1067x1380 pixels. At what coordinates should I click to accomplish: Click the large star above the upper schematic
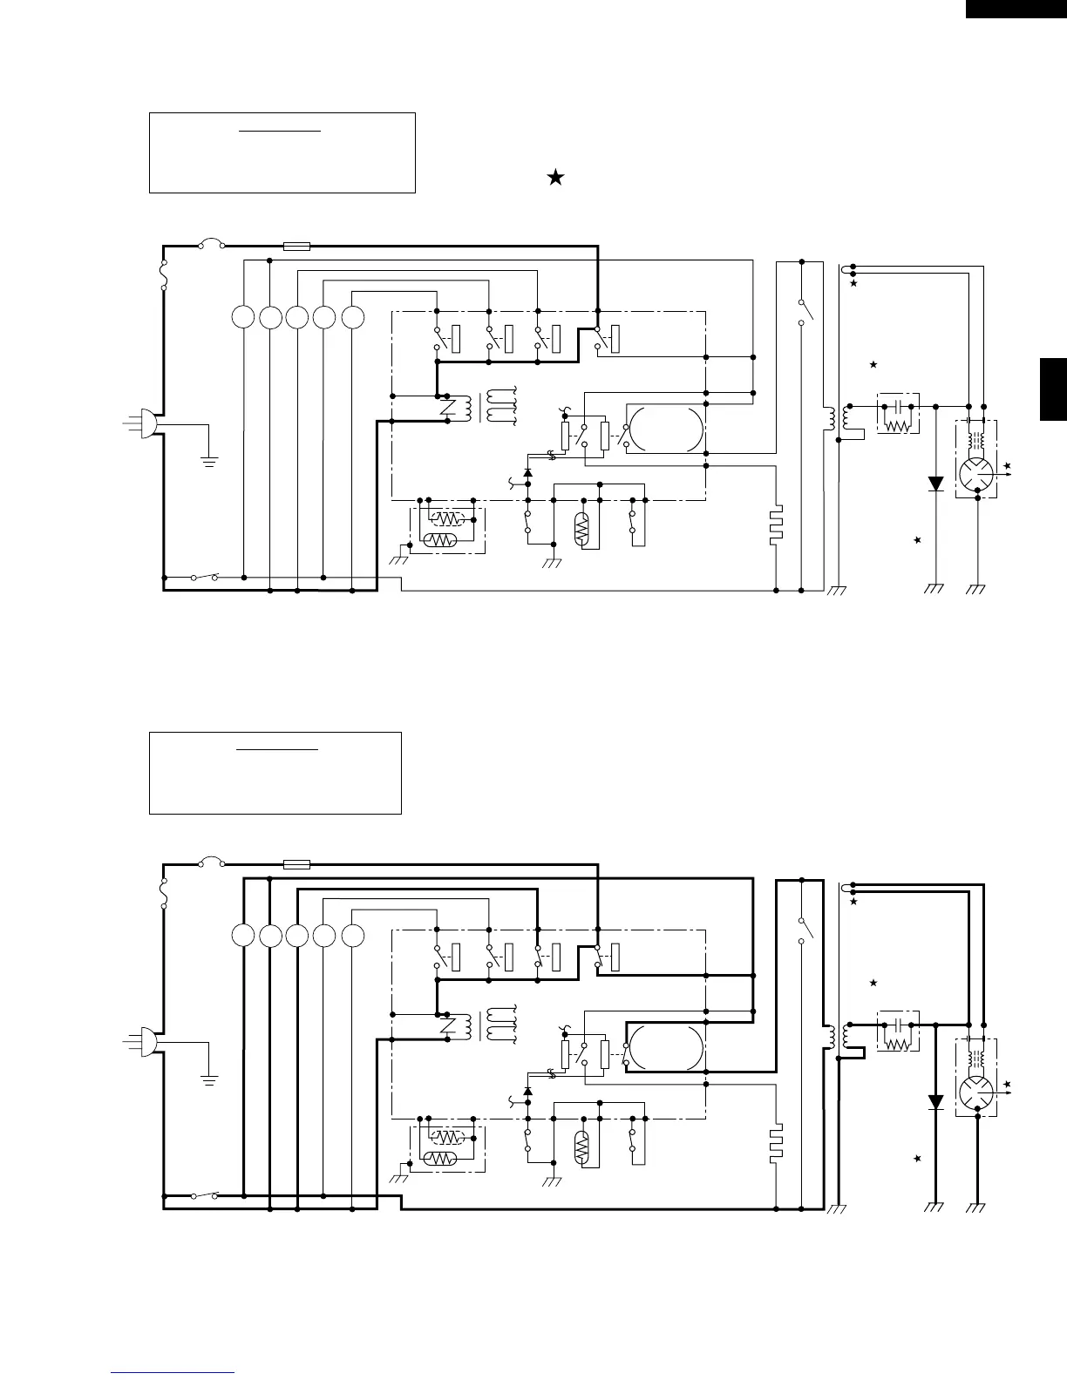pyautogui.click(x=555, y=178)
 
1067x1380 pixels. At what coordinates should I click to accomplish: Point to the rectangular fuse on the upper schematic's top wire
pyautogui.click(x=297, y=247)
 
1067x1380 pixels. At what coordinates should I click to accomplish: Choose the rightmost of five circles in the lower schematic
pyautogui.click(x=352, y=936)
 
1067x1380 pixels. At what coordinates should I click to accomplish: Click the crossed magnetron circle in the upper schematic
pyautogui.click(x=976, y=474)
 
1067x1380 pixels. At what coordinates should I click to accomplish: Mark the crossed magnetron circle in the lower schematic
pyautogui.click(x=976, y=1092)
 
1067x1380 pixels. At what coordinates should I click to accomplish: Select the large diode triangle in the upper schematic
pyautogui.click(x=935, y=484)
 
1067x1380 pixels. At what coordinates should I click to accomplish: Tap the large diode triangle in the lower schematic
pyautogui.click(x=935, y=1102)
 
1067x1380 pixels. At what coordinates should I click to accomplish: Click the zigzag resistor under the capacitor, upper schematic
pyautogui.click(x=896, y=425)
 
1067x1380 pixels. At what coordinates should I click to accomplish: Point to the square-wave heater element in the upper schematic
pyautogui.click(x=776, y=525)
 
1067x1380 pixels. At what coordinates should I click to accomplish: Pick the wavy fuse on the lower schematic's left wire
pyautogui.click(x=164, y=893)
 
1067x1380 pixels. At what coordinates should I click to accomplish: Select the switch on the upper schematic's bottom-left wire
pyautogui.click(x=204, y=577)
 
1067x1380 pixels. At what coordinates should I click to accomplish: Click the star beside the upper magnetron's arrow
pyautogui.click(x=1008, y=467)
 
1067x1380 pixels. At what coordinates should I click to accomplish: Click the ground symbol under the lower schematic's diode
pyautogui.click(x=935, y=1207)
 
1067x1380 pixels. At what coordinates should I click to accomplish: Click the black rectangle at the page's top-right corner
pyautogui.click(x=1016, y=8)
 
